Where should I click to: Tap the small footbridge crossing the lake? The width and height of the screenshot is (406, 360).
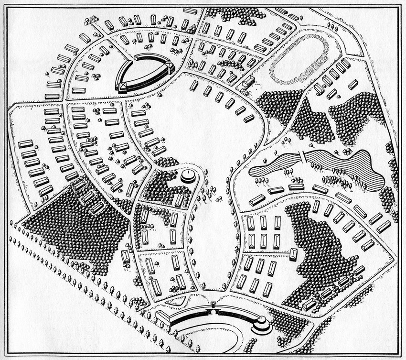tap(302, 156)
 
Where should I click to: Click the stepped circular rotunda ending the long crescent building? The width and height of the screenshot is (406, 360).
tap(261, 326)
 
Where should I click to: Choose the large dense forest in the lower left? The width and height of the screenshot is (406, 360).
tap(76, 225)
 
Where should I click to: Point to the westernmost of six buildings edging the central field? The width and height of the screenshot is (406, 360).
tap(193, 86)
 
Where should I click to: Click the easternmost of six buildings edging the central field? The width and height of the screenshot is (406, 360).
tap(249, 118)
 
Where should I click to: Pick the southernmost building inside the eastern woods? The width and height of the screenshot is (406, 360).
tap(309, 304)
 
